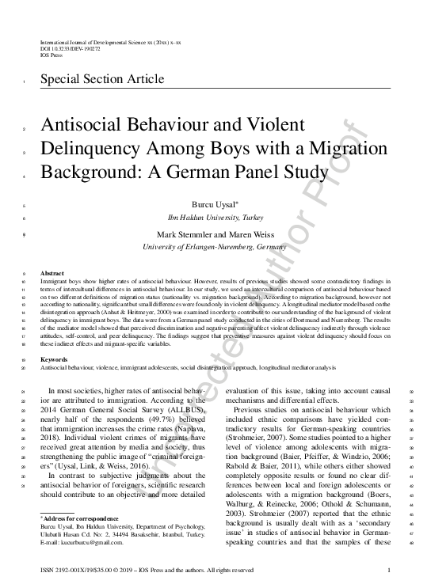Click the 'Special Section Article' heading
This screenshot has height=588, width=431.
102,79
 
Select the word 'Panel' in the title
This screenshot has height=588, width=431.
256,171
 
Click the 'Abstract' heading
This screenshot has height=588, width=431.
52,271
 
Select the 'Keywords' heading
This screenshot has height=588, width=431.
55,358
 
